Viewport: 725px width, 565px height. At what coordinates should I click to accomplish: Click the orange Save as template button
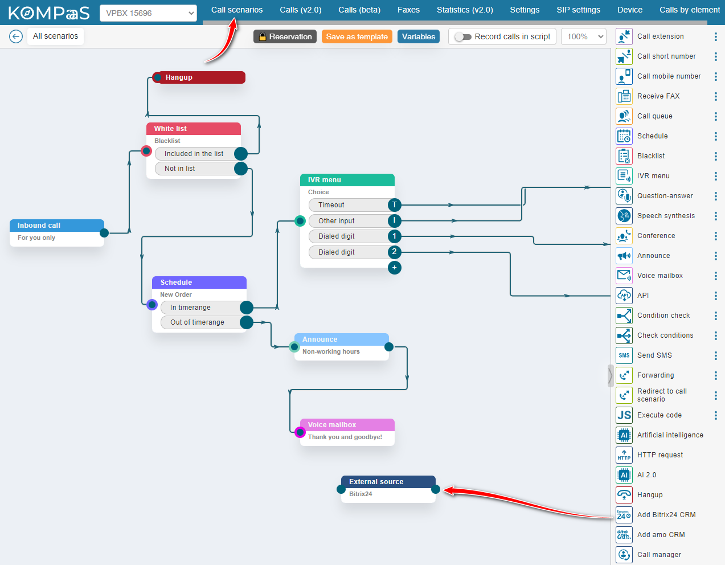[357, 36]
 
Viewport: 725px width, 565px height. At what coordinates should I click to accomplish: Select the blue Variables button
[418, 36]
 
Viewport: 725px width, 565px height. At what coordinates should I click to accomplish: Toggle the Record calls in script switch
[463, 36]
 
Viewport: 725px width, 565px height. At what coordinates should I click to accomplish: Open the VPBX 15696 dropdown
[148, 13]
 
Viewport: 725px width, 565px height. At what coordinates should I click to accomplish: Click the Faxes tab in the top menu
[408, 10]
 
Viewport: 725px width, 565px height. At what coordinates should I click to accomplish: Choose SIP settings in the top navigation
[578, 10]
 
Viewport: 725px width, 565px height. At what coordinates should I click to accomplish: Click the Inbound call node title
[39, 226]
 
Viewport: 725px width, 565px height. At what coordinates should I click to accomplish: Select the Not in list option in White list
[194, 169]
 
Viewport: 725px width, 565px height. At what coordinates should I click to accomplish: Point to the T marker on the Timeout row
[394, 205]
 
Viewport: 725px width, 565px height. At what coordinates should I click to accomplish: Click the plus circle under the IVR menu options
[394, 268]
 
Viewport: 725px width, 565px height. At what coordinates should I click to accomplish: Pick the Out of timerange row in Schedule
[197, 322]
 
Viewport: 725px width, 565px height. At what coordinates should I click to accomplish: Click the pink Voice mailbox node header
[346, 425]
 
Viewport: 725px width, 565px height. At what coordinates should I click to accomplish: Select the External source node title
[376, 482]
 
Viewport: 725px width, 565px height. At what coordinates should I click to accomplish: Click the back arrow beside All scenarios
[16, 36]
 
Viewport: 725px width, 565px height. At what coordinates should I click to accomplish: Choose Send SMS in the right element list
[654, 355]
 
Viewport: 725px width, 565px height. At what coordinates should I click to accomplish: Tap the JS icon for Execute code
[624, 415]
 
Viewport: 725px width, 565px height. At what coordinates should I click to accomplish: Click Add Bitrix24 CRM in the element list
[666, 515]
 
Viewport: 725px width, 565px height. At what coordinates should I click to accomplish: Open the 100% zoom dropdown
[584, 36]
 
